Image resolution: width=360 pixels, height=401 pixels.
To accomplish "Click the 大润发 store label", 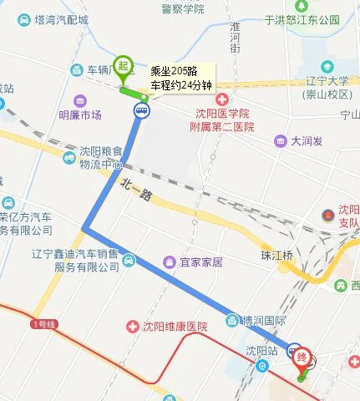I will pos(307,140).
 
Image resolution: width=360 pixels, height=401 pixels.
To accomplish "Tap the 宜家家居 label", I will pos(200,262).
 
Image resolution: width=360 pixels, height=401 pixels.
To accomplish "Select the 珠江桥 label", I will pos(276,255).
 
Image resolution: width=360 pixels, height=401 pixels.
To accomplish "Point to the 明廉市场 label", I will pos(79,114).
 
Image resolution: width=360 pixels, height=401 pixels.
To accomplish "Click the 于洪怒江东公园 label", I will pos(302,19).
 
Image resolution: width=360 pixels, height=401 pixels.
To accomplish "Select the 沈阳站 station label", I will pos(260,350).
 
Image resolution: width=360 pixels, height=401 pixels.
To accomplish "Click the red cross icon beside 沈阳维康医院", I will pos(130,325).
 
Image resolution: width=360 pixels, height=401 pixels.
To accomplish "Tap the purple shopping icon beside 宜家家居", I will pos(170,262).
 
